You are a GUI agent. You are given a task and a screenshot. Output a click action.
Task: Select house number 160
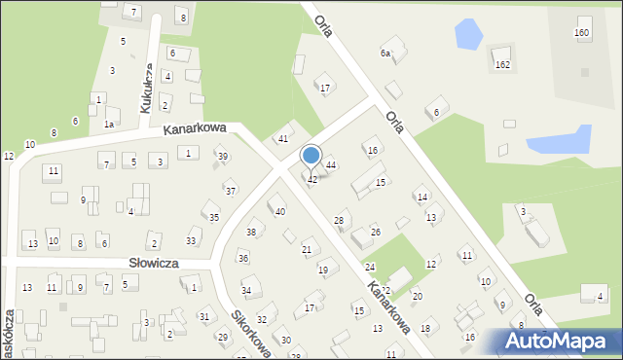pyautogui.click(x=582, y=33)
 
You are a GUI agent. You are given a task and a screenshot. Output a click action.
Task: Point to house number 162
pyautogui.click(x=502, y=64)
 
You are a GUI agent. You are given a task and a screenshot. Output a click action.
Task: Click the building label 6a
pyautogui.click(x=385, y=54)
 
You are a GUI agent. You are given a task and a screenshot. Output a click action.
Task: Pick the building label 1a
pyautogui.click(x=110, y=125)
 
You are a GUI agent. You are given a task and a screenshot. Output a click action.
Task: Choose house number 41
pyautogui.click(x=283, y=139)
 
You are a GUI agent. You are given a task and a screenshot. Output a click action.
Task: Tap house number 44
pyautogui.click(x=331, y=165)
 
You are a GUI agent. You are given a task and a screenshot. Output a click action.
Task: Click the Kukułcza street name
pyautogui.click(x=146, y=88)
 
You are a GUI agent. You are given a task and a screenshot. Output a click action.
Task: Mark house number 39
pyautogui.click(x=223, y=157)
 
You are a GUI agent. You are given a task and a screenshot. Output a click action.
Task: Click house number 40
pyautogui.click(x=279, y=211)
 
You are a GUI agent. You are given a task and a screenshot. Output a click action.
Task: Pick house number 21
pyautogui.click(x=307, y=250)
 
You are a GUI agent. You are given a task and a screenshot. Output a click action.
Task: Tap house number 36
pyautogui.click(x=243, y=258)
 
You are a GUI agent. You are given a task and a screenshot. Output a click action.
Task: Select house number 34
pyautogui.click(x=247, y=291)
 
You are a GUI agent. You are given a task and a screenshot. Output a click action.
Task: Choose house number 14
pyautogui.click(x=422, y=198)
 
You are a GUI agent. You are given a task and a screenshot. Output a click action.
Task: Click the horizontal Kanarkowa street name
pyautogui.click(x=195, y=127)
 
